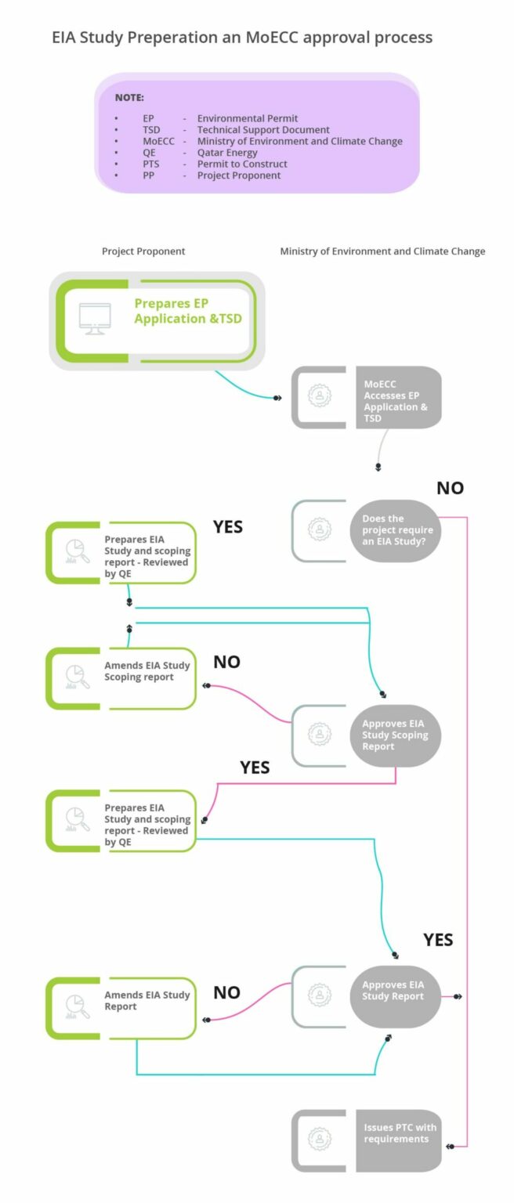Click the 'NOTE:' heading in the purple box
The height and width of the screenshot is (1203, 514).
(x=129, y=98)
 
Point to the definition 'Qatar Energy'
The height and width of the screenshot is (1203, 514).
(x=227, y=153)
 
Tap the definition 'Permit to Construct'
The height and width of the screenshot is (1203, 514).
(x=242, y=164)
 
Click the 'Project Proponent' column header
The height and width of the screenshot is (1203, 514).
(x=143, y=251)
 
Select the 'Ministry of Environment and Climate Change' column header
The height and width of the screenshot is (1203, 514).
(x=382, y=251)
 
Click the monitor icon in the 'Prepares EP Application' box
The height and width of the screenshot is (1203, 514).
(x=95, y=319)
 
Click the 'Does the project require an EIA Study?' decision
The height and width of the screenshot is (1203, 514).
(x=395, y=530)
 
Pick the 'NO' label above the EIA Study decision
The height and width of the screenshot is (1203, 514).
(x=450, y=489)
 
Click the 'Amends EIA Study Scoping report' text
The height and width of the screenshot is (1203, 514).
(x=147, y=671)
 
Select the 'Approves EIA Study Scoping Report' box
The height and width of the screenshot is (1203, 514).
(x=395, y=735)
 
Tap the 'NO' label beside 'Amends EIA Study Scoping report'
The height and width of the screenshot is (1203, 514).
(x=226, y=663)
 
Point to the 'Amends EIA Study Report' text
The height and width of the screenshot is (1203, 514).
(x=147, y=1001)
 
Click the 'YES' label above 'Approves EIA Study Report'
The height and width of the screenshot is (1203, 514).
(x=438, y=940)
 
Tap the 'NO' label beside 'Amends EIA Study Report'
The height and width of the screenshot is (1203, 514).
(x=226, y=993)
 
